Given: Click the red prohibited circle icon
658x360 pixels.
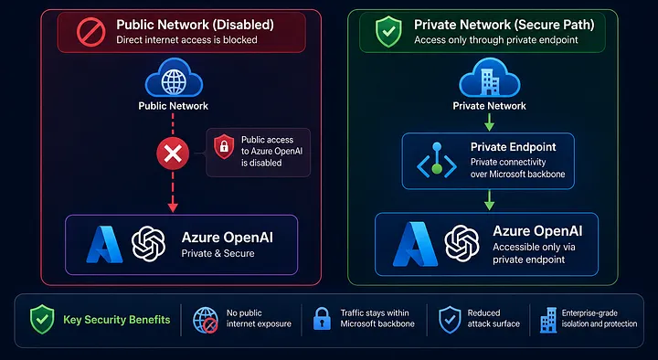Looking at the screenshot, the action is tap(91, 32).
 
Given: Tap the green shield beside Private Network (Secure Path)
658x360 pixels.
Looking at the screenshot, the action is tap(388, 31).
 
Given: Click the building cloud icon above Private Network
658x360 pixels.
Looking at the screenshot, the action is tap(489, 78).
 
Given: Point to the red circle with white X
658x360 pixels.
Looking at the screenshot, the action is tap(173, 154).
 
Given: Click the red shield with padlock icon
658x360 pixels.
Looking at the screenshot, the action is tap(224, 147).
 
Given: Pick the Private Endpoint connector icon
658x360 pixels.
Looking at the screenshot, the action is tap(437, 161).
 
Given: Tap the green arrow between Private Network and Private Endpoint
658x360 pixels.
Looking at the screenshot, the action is tap(489, 122).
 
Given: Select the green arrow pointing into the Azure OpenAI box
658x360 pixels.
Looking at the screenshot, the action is tap(489, 200).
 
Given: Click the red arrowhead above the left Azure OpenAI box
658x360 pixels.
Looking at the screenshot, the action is tap(173, 207).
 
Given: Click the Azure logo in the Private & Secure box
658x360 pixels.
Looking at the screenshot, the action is tap(104, 245).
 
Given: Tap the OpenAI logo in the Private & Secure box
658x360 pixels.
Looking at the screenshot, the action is tap(149, 244).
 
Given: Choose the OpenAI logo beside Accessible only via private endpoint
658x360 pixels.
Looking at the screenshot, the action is tap(462, 243).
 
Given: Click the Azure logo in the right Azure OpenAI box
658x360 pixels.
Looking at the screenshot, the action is tap(416, 244).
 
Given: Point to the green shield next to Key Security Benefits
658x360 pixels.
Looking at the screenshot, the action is tap(42, 319).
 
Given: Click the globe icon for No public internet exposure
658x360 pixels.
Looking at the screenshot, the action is tap(206, 320).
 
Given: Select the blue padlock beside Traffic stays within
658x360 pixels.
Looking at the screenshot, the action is tap(323, 319).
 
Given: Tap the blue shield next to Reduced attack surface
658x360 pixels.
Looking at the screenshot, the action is tap(450, 319).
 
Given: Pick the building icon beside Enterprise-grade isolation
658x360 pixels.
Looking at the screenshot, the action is tap(548, 320).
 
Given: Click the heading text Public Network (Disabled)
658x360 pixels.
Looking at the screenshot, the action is tap(196, 25).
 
